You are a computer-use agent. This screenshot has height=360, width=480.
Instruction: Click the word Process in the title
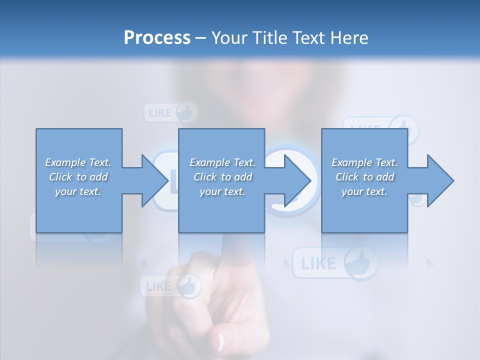[x=157, y=37]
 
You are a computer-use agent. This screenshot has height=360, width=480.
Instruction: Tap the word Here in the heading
[x=350, y=37]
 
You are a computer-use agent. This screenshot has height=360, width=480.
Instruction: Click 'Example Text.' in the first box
[x=78, y=162]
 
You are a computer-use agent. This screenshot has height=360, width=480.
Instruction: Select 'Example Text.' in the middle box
[x=222, y=162]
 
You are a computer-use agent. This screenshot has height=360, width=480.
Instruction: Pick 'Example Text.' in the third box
[x=364, y=162]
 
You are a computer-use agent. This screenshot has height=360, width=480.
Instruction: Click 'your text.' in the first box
[x=78, y=191]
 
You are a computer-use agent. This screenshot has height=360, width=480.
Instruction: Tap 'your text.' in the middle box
[x=222, y=191]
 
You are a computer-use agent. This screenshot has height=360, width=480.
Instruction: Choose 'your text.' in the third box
[x=364, y=191]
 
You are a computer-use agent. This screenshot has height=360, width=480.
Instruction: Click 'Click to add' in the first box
[x=78, y=177]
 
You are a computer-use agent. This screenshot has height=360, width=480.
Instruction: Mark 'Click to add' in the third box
[x=364, y=177]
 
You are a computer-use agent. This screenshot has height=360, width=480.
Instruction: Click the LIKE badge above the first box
[x=170, y=112]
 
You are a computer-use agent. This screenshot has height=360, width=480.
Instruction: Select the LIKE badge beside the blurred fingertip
[x=170, y=286]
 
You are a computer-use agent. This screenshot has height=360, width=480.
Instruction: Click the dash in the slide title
[x=201, y=38]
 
